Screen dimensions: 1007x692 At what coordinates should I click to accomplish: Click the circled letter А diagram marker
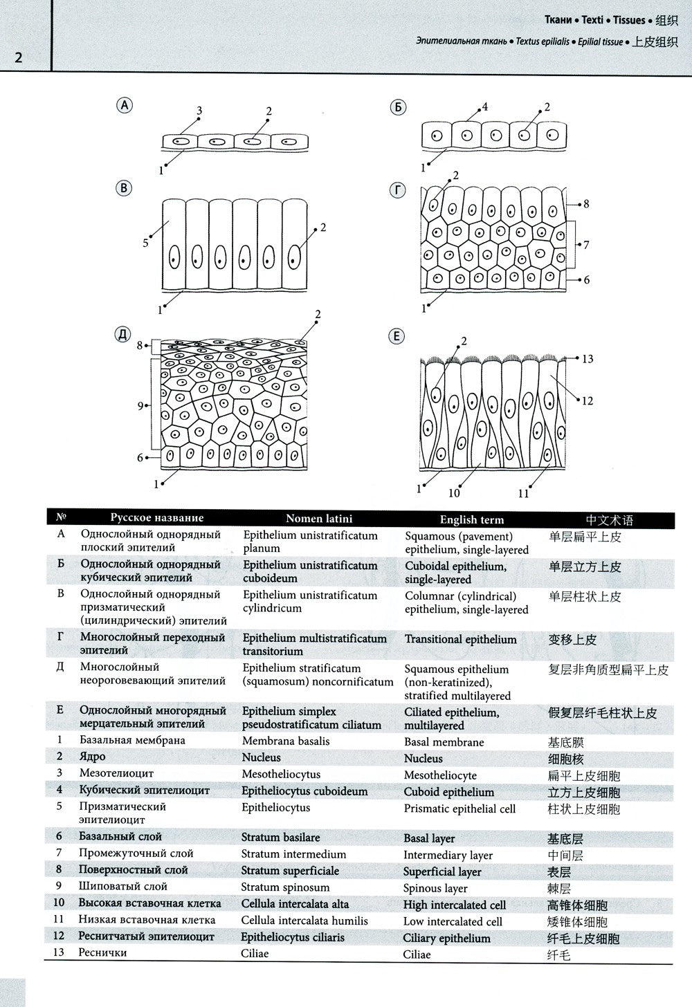pyautogui.click(x=125, y=105)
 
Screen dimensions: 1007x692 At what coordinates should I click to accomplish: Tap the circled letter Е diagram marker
pyautogui.click(x=397, y=336)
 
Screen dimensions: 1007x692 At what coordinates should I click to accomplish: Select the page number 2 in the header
pyautogui.click(x=19, y=57)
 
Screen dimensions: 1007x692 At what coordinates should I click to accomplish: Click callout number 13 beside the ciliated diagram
pyautogui.click(x=588, y=359)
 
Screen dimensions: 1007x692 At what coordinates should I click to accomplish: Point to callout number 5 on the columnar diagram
pyautogui.click(x=146, y=243)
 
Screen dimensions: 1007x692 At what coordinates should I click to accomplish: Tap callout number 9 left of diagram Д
pyautogui.click(x=141, y=406)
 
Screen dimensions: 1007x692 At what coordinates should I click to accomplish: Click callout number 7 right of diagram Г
pyautogui.click(x=586, y=244)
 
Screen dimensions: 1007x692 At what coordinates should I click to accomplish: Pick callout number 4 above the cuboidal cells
pyautogui.click(x=485, y=107)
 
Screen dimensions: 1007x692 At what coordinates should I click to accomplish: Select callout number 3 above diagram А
pyautogui.click(x=199, y=111)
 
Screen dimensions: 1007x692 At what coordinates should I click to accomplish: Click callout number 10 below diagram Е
pyautogui.click(x=454, y=493)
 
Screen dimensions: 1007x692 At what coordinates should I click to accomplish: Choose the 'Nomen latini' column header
pyautogui.click(x=319, y=519)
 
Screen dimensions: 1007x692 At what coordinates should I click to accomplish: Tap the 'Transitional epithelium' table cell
pyautogui.click(x=460, y=640)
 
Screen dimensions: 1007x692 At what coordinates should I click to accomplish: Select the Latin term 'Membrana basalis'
pyautogui.click(x=285, y=741)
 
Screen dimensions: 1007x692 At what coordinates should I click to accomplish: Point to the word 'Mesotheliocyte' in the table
pyautogui.click(x=440, y=775)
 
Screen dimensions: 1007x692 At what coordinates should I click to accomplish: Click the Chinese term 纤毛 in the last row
pyautogui.click(x=559, y=955)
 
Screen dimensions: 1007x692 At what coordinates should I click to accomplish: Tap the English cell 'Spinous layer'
pyautogui.click(x=435, y=888)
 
